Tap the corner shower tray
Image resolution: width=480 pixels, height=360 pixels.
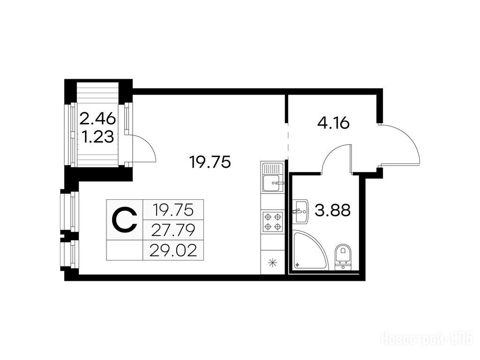[x=307, y=251]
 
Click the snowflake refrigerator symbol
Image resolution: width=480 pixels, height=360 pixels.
[x=272, y=262]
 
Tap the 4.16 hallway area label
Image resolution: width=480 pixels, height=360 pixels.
[x=333, y=124]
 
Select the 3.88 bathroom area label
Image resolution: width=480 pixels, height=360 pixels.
[x=332, y=210]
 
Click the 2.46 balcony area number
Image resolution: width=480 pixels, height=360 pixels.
[x=97, y=118]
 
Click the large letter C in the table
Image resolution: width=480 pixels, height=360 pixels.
[x=124, y=219]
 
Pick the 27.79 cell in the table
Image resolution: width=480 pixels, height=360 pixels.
[x=173, y=230]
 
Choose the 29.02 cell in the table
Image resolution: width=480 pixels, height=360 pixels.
[x=173, y=251]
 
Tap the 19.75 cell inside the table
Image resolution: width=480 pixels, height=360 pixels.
[x=173, y=210]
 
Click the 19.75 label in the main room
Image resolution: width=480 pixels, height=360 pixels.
[x=210, y=162]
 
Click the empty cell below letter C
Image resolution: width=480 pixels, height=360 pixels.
[x=125, y=250]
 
